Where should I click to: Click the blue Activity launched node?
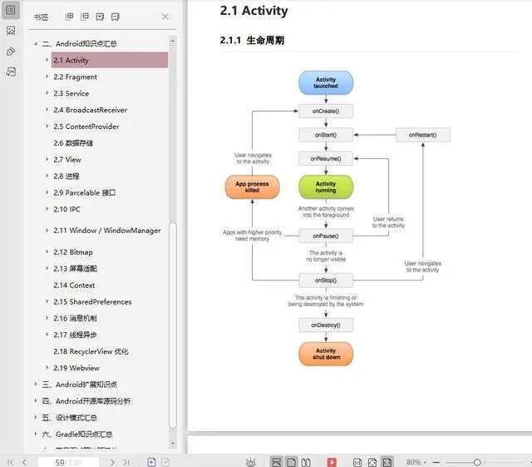[326, 82]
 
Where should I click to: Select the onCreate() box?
[326, 111]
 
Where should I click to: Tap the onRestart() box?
[422, 134]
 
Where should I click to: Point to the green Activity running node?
[326, 186]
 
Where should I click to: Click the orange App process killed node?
[252, 186]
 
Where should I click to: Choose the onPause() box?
[326, 236]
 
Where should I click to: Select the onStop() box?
[326, 281]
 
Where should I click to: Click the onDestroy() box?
[326, 325]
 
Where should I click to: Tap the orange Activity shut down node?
[326, 355]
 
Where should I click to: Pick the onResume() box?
[326, 157]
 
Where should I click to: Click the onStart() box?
[326, 134]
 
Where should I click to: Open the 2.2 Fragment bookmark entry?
[76, 77]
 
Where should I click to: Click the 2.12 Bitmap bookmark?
[73, 251]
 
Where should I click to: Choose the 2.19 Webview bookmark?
[76, 368]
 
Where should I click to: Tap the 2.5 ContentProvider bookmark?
[86, 127]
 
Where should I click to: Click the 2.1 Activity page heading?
[254, 11]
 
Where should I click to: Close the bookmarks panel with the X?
[165, 17]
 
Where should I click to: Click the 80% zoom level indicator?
[413, 462]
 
